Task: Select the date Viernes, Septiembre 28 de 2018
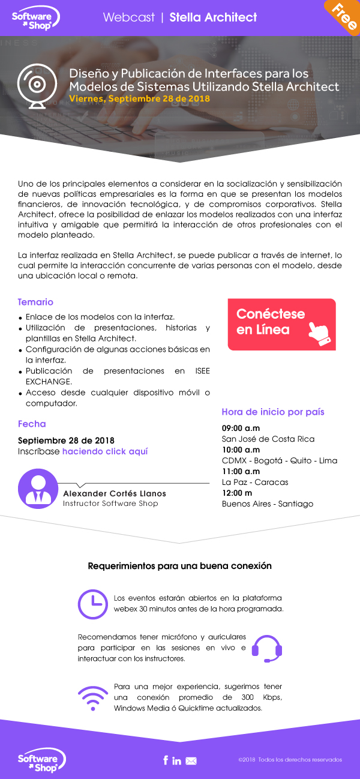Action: click(139, 98)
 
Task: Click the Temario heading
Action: click(35, 302)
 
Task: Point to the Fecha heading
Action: click(32, 424)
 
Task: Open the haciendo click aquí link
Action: click(105, 451)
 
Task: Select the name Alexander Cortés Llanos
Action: click(115, 493)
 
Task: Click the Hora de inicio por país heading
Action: click(273, 412)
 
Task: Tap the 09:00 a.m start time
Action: click(241, 428)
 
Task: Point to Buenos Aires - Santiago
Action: click(268, 504)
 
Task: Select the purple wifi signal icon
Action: click(93, 697)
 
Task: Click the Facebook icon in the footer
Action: click(166, 760)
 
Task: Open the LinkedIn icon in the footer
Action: click(177, 760)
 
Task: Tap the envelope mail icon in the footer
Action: click(191, 761)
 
